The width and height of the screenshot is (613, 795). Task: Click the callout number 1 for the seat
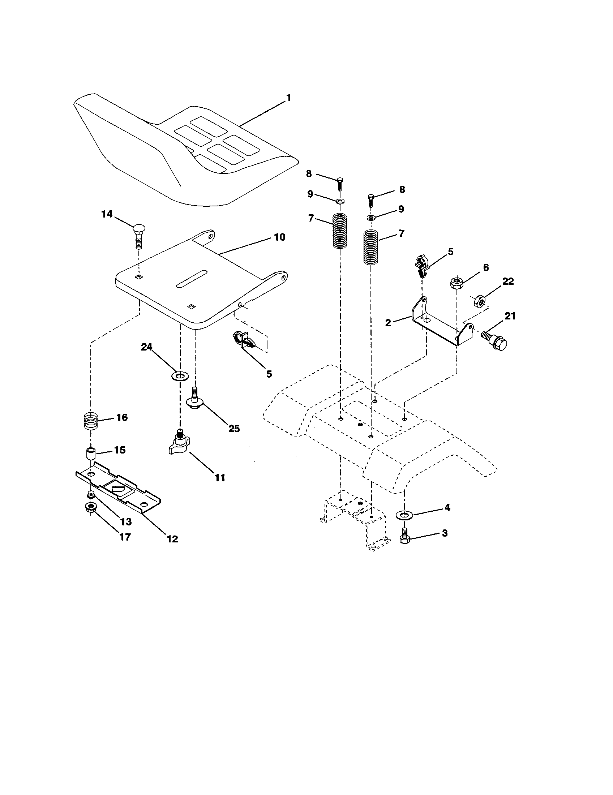click(288, 98)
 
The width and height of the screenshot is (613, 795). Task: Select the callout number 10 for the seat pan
click(279, 237)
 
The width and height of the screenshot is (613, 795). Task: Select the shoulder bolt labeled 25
click(194, 399)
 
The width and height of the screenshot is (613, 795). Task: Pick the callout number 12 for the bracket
click(172, 539)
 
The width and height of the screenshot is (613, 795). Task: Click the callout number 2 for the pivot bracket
click(388, 322)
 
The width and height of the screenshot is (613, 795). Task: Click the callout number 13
click(126, 521)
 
